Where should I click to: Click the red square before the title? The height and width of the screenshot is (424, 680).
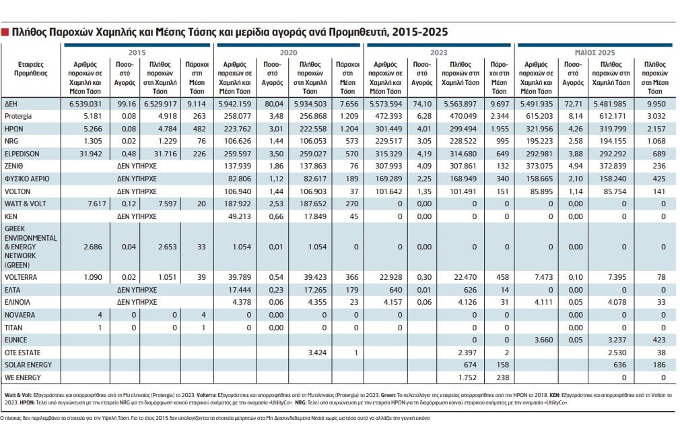tap(5, 32)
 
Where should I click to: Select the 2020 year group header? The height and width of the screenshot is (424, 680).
tap(288, 53)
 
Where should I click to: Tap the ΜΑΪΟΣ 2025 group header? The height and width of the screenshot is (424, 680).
tap(594, 53)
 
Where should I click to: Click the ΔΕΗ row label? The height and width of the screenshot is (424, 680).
tap(11, 104)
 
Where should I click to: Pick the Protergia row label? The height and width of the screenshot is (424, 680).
tap(18, 117)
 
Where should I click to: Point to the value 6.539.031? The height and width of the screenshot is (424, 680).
tap(86, 104)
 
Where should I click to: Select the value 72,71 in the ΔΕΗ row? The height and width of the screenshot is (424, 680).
tap(574, 104)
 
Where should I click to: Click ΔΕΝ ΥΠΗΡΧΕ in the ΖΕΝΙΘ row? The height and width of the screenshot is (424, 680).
tap(137, 166)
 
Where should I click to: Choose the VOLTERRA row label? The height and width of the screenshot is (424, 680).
tap(21, 277)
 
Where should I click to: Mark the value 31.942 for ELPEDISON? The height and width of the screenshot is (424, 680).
tap(91, 154)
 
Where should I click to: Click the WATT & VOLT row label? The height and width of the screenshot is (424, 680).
tap(25, 204)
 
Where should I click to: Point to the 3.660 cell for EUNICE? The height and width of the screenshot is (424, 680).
tap(544, 340)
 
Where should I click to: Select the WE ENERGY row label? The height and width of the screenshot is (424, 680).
tap(22, 378)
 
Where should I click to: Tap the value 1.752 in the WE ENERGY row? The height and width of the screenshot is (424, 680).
tap(467, 378)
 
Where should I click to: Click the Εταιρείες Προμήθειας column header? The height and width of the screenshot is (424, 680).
tap(31, 69)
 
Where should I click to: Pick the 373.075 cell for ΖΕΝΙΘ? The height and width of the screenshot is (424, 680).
tap(539, 166)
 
